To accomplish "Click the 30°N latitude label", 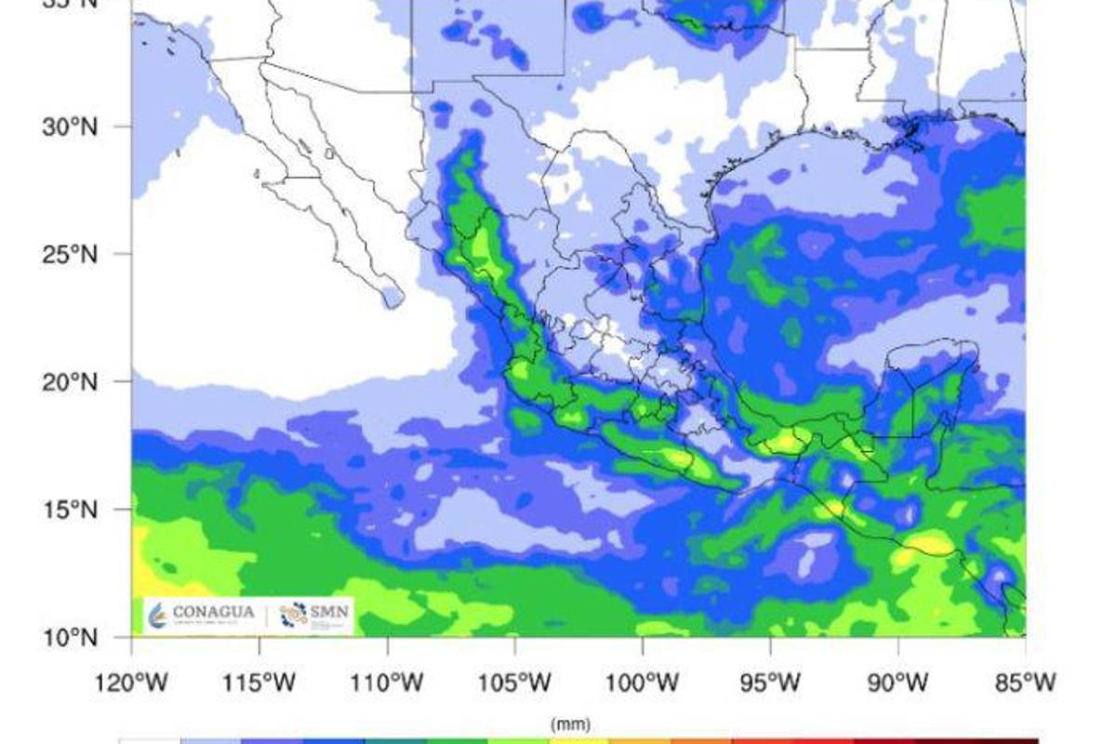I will coord(70,126).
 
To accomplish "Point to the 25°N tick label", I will coord(70,254).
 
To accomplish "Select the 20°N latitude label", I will coord(70,382).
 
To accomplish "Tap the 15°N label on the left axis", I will coord(70,510).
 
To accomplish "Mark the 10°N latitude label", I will coord(70,638).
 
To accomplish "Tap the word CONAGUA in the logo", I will coord(212,612).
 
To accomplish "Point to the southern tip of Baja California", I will coord(392,299).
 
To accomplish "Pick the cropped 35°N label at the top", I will coord(70,4).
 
